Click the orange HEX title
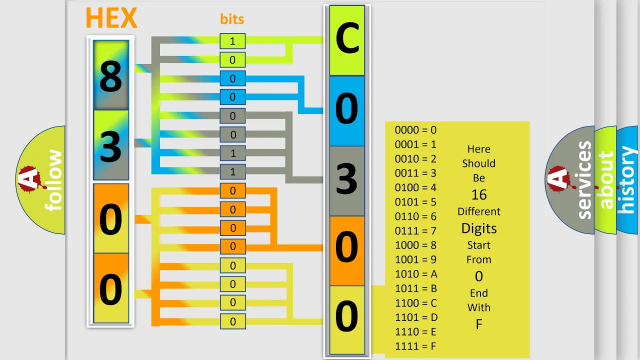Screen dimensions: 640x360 [x=111, y=17]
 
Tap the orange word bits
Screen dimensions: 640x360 [x=232, y=19]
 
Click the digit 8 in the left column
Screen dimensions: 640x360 [x=111, y=76]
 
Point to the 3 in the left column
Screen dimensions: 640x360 [x=111, y=146]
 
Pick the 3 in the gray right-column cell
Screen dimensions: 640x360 [x=347, y=178]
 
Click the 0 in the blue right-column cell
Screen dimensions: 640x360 [x=347, y=108]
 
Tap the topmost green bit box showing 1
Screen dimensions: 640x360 [x=232, y=41]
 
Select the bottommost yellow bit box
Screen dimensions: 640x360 [x=232, y=321]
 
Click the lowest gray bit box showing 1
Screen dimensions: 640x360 [x=232, y=171]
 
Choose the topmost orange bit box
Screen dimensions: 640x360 [x=232, y=190]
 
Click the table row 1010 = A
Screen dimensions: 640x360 [x=416, y=274]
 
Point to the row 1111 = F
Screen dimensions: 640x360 [x=415, y=346]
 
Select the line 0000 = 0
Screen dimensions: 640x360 [x=415, y=130]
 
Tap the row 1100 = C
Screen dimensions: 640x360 [x=416, y=303]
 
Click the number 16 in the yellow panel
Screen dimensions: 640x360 [x=479, y=195]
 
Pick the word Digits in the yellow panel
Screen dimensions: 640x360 [x=479, y=228]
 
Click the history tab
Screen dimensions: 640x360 [x=627, y=180]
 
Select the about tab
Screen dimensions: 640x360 [x=605, y=180]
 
